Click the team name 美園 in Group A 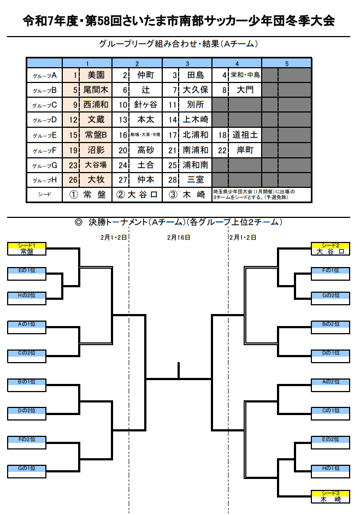[96, 75]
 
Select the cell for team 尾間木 [96, 90]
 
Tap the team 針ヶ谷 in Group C [146, 105]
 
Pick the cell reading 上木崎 [196, 120]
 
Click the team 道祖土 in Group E [245, 135]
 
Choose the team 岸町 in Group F [245, 150]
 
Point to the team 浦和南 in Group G [196, 164]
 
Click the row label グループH [44, 180]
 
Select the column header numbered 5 [286, 62]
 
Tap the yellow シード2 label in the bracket [331, 245]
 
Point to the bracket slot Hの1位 [331, 468]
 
